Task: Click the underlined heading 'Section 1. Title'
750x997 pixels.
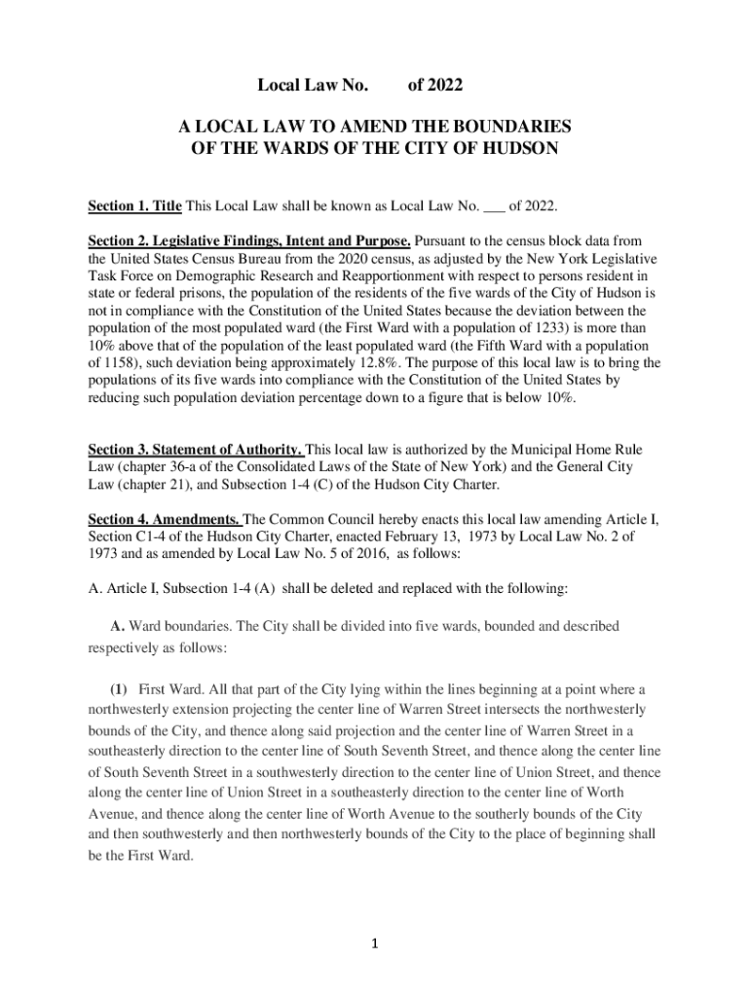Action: click(134, 206)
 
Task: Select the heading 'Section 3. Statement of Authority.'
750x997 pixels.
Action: click(196, 450)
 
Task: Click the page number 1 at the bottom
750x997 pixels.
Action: click(375, 943)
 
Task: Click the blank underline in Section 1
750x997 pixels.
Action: click(494, 206)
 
